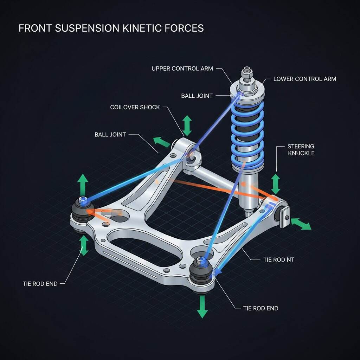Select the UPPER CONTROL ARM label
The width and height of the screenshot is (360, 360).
point(182,68)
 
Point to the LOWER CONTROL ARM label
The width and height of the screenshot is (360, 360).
point(304,79)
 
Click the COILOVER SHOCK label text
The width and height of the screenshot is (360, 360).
point(135,107)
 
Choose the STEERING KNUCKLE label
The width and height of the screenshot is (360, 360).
point(301,150)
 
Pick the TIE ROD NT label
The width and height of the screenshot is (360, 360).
point(278,260)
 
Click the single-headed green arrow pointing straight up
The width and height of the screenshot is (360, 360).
point(83,182)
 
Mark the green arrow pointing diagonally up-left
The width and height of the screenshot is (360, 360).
point(161,142)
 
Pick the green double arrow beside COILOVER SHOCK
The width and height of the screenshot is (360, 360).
point(187,125)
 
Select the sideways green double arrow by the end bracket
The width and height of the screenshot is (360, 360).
point(301,224)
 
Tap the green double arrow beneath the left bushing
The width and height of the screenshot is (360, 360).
point(84,245)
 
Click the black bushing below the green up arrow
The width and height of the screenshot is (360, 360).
point(82,211)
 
